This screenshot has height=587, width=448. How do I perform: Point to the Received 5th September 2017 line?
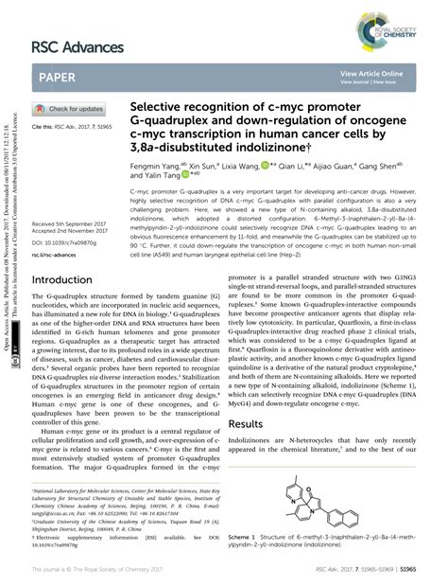72,223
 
